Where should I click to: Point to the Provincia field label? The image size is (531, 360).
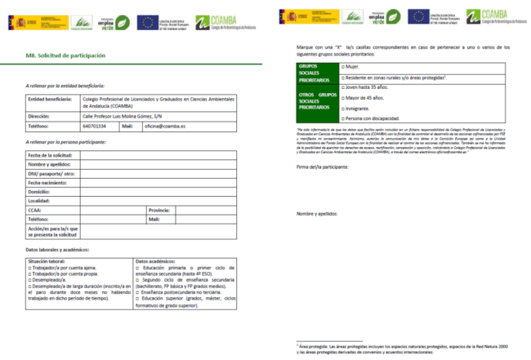[159, 210]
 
